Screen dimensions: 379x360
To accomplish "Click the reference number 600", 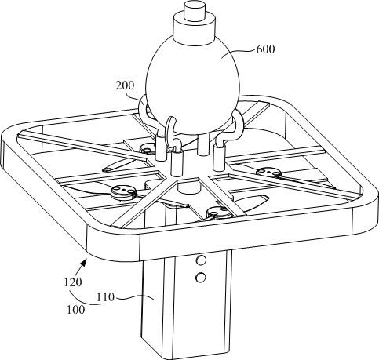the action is click(x=265, y=49).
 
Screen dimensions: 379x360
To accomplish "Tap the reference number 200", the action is click(x=125, y=85).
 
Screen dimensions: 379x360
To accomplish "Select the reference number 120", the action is click(x=73, y=282).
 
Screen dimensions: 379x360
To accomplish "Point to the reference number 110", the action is click(x=106, y=297).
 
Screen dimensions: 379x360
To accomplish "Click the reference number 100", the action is click(x=76, y=310).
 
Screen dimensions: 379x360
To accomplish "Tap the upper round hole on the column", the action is click(x=201, y=260).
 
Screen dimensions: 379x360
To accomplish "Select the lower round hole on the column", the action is click(x=201, y=277).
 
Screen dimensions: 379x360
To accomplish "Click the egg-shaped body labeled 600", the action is click(x=192, y=85).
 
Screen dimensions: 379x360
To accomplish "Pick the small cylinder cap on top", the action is click(x=194, y=11).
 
